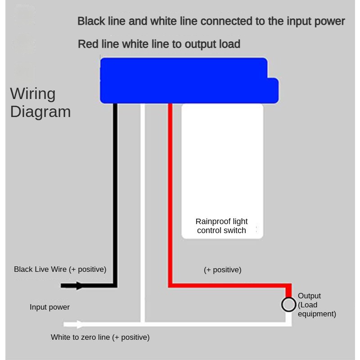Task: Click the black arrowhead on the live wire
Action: coord(79,285)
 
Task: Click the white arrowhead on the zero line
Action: coord(80,324)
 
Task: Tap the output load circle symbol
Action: coord(288,305)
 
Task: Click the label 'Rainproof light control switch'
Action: coord(221,226)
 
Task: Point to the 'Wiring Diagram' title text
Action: coord(40,103)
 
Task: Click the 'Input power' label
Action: coord(49,307)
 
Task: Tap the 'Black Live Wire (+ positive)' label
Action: coord(60,269)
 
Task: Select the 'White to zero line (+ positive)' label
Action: coord(100,337)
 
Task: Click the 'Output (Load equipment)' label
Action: coord(316,305)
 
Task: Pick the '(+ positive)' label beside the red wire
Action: coord(222,270)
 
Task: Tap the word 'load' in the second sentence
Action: coord(230,44)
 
